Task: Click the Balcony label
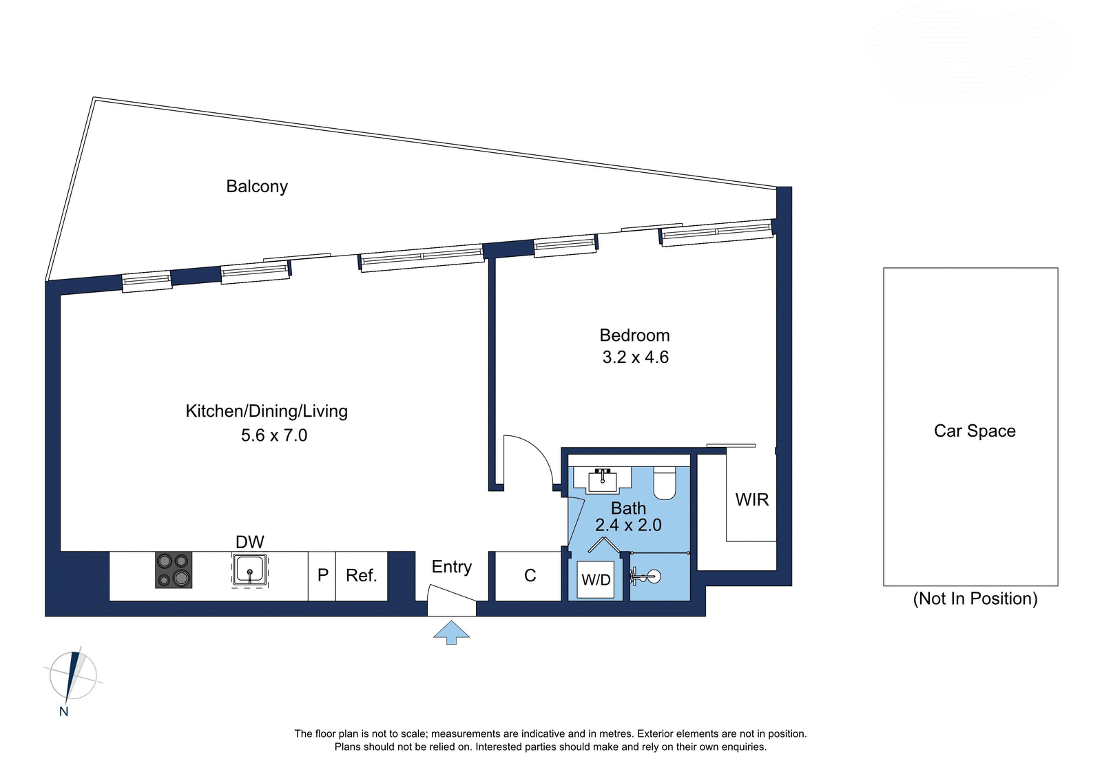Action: click(257, 187)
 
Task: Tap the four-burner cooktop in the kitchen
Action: click(174, 570)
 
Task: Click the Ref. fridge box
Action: click(362, 576)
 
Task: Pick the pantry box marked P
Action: click(322, 576)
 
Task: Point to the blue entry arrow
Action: click(451, 632)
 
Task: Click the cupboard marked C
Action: click(528, 576)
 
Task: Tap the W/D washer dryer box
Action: click(596, 580)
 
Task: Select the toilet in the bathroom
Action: click(664, 484)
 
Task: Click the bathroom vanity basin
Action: click(602, 480)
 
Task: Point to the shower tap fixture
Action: click(645, 576)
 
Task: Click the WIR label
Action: click(751, 500)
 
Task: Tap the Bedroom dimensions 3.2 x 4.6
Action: click(635, 357)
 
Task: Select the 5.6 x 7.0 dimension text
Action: click(274, 435)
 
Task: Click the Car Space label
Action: click(975, 431)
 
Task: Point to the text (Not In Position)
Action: click(975, 599)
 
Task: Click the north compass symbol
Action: click(73, 676)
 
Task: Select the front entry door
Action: click(451, 594)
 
